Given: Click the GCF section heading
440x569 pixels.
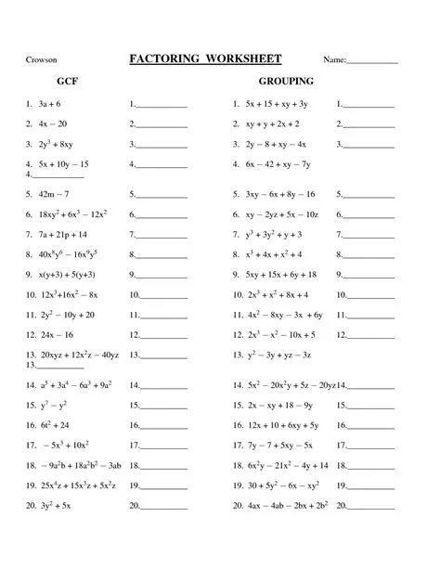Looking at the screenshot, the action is (x=66, y=83).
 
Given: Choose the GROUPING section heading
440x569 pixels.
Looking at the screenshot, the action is (x=286, y=83).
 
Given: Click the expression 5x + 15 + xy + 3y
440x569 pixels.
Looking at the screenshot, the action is (x=277, y=105).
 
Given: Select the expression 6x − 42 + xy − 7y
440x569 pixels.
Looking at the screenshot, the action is (x=278, y=164).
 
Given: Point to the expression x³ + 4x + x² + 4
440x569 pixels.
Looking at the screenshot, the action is (x=274, y=254).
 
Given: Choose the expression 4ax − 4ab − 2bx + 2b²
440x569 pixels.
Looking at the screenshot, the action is (x=287, y=506).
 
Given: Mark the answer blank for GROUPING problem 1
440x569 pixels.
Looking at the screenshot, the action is (x=369, y=106).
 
